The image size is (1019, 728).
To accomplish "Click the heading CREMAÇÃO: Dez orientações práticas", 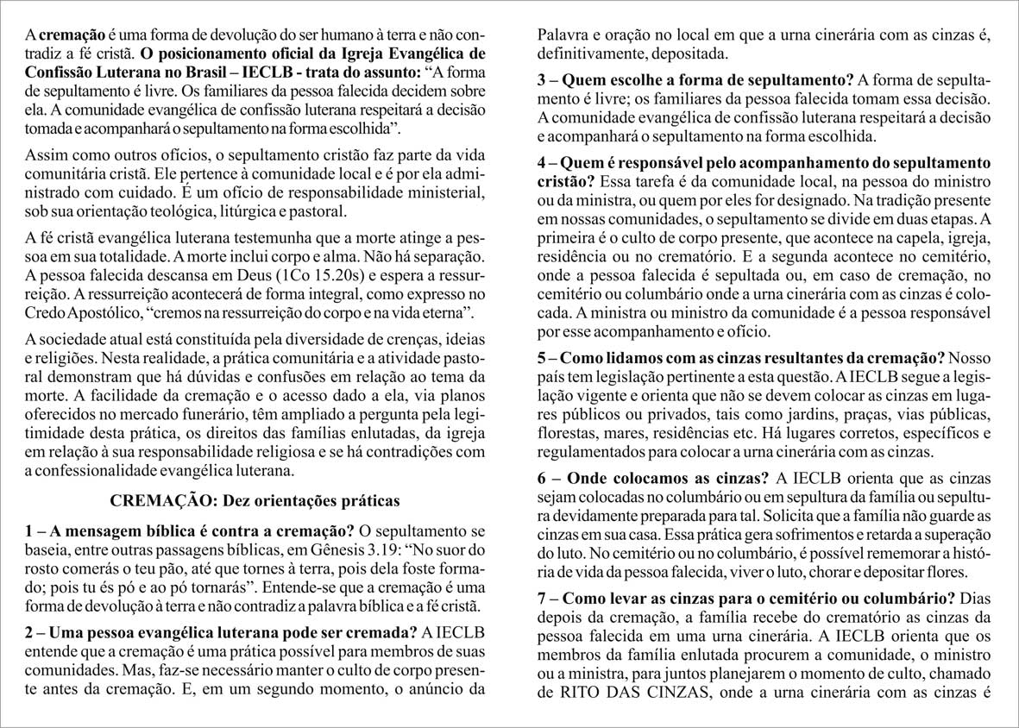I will point(255,500).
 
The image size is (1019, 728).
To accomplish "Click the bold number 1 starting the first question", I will point(30,530).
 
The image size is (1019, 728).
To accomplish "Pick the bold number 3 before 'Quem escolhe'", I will point(542,80).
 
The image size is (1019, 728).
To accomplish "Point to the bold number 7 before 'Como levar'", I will point(542,598).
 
